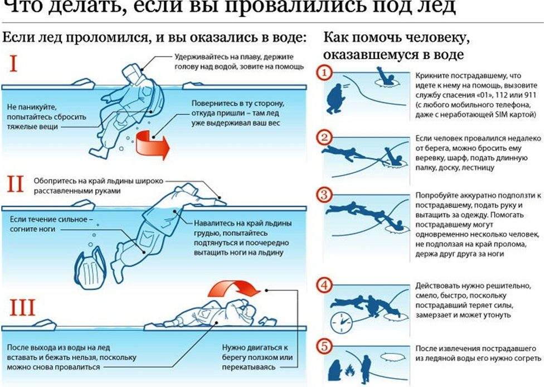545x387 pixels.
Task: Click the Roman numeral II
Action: click(x=15, y=184)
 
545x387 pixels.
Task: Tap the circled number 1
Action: click(x=324, y=74)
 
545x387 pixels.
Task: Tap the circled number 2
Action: click(x=324, y=138)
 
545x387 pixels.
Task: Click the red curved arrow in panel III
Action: click(x=234, y=289)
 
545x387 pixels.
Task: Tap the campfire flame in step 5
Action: click(x=350, y=369)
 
